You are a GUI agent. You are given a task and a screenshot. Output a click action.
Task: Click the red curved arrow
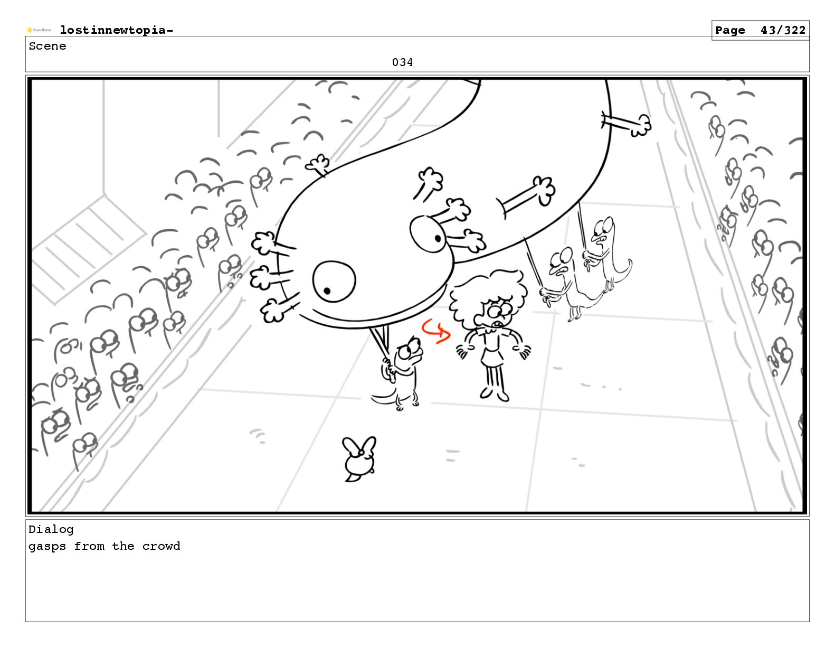[437, 331]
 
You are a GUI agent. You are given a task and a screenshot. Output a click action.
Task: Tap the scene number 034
[402, 62]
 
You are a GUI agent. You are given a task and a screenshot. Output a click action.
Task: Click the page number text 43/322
[783, 30]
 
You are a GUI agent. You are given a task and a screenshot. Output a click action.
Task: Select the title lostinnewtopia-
[117, 30]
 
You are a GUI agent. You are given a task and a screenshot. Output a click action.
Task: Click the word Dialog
[51, 530]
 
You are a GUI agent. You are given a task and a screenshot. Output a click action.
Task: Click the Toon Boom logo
[39, 30]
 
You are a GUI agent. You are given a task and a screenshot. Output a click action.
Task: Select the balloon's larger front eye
[334, 282]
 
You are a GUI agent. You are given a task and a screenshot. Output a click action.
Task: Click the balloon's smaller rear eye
[429, 234]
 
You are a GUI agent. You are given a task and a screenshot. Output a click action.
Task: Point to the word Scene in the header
[48, 46]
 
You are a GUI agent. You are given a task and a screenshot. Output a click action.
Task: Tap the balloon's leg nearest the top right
[627, 124]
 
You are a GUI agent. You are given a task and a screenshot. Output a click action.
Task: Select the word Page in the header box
[730, 31]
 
